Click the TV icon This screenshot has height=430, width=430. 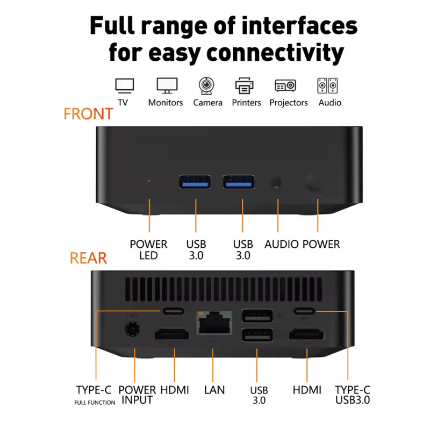125,85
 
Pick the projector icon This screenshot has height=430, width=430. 285,85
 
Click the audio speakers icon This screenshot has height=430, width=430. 328,85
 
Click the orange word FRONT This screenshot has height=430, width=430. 88,114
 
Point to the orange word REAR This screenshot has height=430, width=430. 88,258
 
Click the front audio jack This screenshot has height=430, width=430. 277,182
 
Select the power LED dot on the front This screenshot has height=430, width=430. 149,181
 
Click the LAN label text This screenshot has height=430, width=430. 214,390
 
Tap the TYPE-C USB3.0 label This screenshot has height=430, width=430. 353,395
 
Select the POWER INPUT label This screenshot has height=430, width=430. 137,395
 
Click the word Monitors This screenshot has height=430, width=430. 166,102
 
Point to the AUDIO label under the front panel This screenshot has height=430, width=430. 281,244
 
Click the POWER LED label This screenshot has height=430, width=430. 148,249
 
